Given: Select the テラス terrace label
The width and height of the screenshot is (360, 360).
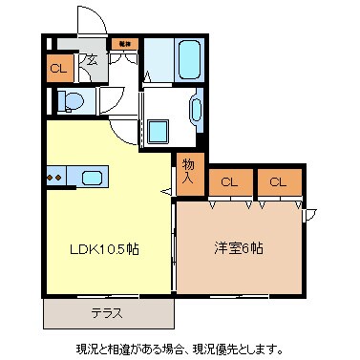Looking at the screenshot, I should click(106, 312).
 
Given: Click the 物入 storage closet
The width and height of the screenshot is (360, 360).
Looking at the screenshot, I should click(188, 171).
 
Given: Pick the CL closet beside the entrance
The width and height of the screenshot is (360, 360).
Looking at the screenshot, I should click(58, 68).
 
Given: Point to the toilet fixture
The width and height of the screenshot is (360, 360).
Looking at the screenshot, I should click(72, 100).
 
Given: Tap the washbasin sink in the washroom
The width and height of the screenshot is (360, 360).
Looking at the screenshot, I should click(199, 113).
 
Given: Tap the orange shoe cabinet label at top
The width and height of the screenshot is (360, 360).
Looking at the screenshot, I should click(122, 44).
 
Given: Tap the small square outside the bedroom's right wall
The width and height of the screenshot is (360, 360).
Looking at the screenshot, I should click(307, 214).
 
